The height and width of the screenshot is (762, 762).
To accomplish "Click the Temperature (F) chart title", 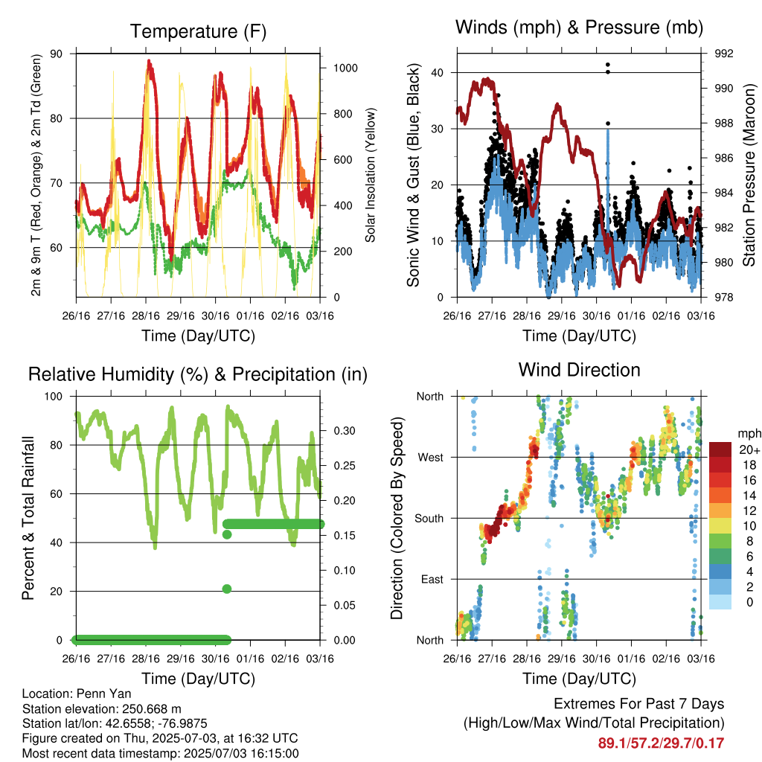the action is pos(198,31).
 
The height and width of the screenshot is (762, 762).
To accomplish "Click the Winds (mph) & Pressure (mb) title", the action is pos(579,28).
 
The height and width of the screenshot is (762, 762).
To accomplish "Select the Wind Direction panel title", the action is pos(579,370).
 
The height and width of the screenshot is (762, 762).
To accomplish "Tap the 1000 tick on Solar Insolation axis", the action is pos(345,68).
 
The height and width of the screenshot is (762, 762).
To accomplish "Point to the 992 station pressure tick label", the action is pos(723,54).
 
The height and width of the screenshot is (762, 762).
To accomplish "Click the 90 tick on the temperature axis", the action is pos(57,54).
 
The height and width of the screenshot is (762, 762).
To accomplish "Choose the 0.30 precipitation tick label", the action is pos(344,431).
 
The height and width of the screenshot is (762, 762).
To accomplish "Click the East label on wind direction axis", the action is pos(432,579).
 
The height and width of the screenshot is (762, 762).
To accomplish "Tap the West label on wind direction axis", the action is pos(431,458).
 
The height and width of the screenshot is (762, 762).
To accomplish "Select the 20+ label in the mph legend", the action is pos(749,450).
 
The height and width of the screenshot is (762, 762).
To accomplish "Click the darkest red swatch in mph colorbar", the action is pos(720,449).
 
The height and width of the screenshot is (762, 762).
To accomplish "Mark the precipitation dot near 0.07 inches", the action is pos(226,589).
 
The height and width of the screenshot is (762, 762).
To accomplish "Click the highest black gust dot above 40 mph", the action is pos(607,65).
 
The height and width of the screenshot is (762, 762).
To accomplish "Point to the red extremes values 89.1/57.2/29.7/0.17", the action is pos(661,743).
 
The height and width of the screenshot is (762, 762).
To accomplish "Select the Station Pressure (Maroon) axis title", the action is pos(749,175).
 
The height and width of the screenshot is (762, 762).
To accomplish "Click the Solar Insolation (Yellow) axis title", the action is pos(371,175).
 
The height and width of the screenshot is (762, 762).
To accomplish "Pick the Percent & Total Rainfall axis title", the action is pos(28,518).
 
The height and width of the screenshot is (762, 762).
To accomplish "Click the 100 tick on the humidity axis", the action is pos(54,397).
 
